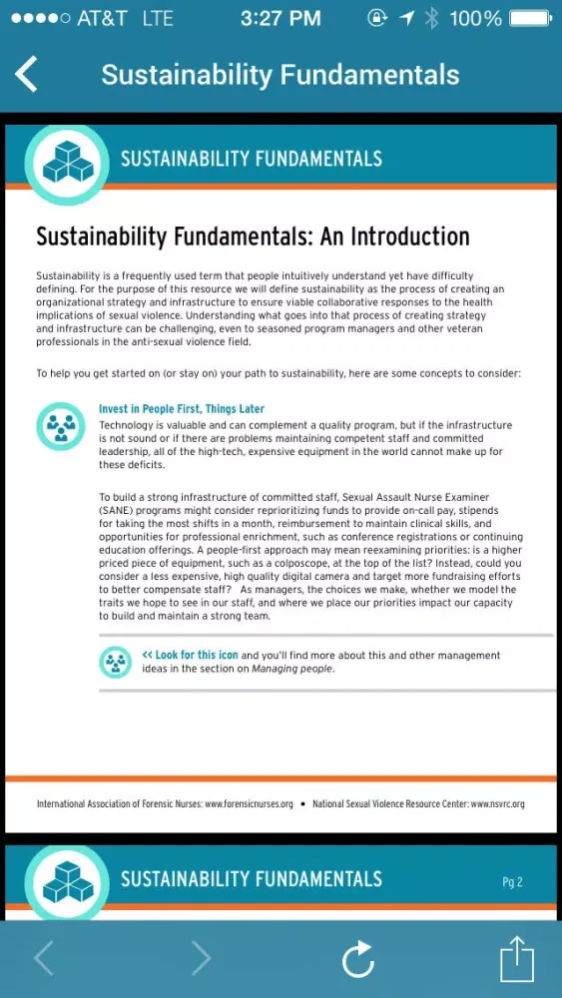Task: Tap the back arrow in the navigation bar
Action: click(27, 75)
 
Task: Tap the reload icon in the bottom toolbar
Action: click(357, 960)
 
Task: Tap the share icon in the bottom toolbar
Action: click(513, 959)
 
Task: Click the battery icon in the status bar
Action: click(529, 18)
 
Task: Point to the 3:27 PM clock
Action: click(280, 18)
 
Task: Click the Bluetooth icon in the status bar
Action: click(431, 18)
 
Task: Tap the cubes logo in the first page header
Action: click(67, 161)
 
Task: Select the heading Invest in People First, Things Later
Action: click(182, 409)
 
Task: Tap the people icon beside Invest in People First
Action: click(61, 426)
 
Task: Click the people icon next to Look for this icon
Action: click(116, 662)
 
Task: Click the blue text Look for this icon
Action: click(190, 656)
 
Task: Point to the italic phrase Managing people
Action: click(291, 669)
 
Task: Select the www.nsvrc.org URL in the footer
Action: click(497, 804)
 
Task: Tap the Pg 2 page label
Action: click(512, 882)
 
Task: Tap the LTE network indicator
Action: click(158, 18)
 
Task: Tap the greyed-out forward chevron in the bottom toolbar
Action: click(201, 959)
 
